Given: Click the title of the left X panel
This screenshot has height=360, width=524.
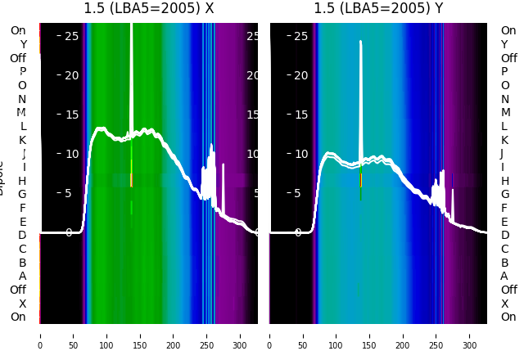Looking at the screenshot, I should pyautogui.click(x=148, y=9).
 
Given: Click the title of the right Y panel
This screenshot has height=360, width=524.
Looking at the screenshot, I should pyautogui.click(x=378, y=9).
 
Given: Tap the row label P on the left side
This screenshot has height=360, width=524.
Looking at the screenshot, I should pyautogui.click(x=22, y=72).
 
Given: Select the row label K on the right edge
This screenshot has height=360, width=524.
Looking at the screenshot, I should pyautogui.click(x=504, y=140).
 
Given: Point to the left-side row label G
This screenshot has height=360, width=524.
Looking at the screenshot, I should pyautogui.click(x=22, y=194).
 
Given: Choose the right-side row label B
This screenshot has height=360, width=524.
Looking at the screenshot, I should pyautogui.click(x=504, y=263).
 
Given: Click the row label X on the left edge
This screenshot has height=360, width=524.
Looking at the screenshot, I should pyautogui.click(x=22, y=304).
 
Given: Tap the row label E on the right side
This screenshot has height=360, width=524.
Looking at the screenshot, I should pyautogui.click(x=504, y=222).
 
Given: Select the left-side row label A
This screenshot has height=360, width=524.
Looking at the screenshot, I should pyautogui.click(x=22, y=276).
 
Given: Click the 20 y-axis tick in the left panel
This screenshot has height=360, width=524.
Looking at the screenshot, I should pyautogui.click(x=71, y=75).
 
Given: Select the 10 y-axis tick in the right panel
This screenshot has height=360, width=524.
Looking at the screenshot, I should pyautogui.click(x=300, y=154).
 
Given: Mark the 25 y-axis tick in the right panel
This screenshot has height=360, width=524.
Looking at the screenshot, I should pyautogui.click(x=300, y=36).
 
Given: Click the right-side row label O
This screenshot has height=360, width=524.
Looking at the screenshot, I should pyautogui.click(x=504, y=85).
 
